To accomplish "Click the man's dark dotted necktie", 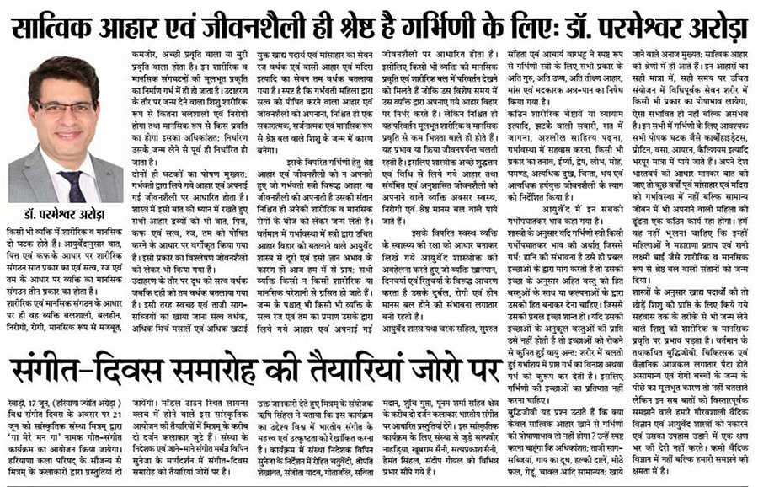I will pos(74,185).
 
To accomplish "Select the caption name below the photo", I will pos(64,215).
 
